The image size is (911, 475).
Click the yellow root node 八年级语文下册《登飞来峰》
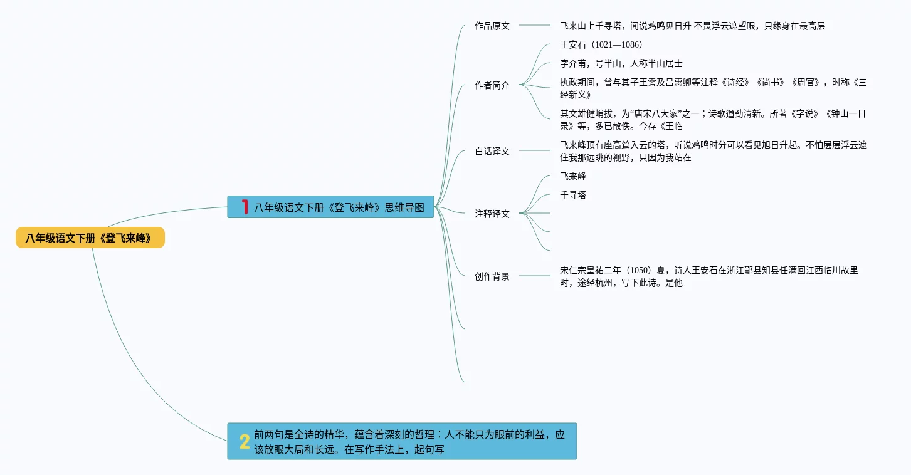(x=90, y=238)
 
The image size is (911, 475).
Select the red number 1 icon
(x=245, y=207)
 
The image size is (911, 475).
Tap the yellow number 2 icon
(x=245, y=442)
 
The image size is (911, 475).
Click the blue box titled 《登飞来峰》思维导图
(x=339, y=207)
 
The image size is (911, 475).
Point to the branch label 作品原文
(x=492, y=26)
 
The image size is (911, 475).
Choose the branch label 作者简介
(x=492, y=86)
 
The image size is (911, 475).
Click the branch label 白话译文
(x=492, y=152)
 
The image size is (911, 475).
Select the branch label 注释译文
(x=492, y=214)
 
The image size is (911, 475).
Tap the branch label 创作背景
(x=492, y=277)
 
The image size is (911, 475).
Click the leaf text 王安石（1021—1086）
(x=601, y=45)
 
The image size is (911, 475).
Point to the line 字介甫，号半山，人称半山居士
(x=621, y=64)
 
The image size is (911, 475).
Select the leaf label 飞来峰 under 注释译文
(x=573, y=177)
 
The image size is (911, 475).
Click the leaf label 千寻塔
(x=573, y=196)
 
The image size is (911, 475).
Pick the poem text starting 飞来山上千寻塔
(x=692, y=26)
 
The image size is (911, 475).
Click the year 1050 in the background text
(x=640, y=271)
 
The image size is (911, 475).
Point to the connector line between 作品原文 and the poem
(x=534, y=26)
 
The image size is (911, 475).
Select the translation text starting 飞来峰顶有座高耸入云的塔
(x=713, y=152)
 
